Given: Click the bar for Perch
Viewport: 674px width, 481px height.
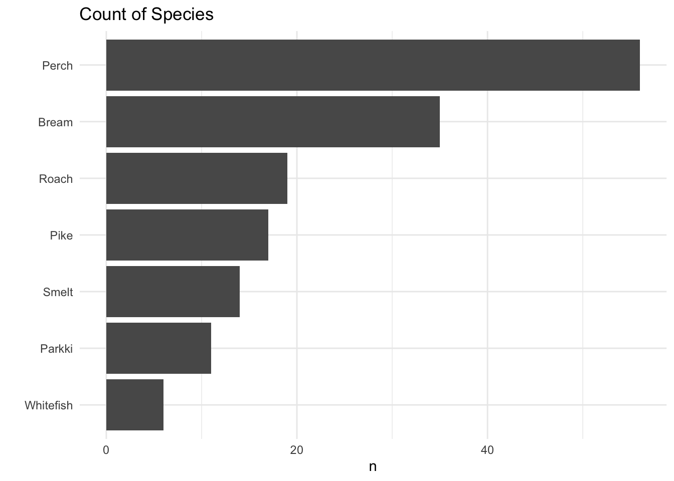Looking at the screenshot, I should (x=373, y=65).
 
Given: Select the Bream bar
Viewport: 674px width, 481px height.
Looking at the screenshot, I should (x=273, y=122).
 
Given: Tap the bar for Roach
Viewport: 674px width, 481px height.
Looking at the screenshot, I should (x=197, y=178).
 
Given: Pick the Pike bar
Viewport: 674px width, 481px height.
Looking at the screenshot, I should (x=187, y=235).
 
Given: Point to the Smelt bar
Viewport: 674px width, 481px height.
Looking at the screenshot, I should (x=173, y=292).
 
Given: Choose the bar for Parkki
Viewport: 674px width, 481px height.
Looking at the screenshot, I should (x=158, y=348).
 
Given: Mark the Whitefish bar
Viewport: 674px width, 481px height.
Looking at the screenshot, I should (x=135, y=405).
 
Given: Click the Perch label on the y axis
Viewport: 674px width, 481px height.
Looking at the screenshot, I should (x=57, y=66).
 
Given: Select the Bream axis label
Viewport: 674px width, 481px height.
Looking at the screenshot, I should (x=55, y=122).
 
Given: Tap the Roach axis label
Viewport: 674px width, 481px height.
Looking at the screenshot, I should (x=56, y=179).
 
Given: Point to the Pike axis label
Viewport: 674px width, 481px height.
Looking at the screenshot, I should (x=61, y=235).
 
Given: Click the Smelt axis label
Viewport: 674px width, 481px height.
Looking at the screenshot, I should (x=58, y=292).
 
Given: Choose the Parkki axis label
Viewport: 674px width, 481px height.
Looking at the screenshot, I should (x=56, y=349).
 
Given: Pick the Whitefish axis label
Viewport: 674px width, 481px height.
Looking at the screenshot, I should (x=49, y=405).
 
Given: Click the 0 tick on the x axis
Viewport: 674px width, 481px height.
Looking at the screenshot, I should (x=106, y=450).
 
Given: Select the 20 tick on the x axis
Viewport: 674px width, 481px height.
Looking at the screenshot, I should (x=297, y=450).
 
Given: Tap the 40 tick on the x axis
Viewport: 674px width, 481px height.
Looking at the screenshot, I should (x=487, y=450).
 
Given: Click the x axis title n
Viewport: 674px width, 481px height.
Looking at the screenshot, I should (x=373, y=467).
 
